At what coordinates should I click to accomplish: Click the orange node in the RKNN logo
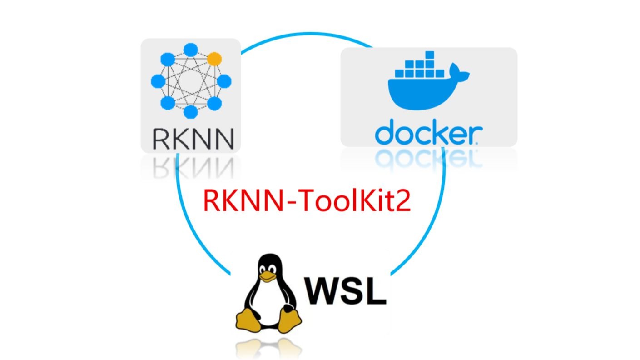(214, 59)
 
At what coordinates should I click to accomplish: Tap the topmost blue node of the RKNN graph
(191, 50)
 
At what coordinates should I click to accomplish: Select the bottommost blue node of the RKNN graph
(191, 111)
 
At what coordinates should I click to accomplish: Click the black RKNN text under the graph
(193, 139)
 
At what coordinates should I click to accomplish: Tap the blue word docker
(428, 132)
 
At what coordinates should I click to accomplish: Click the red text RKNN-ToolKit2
(307, 200)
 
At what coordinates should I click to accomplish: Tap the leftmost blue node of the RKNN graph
(158, 81)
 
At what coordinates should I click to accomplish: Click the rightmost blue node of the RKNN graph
(224, 81)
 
